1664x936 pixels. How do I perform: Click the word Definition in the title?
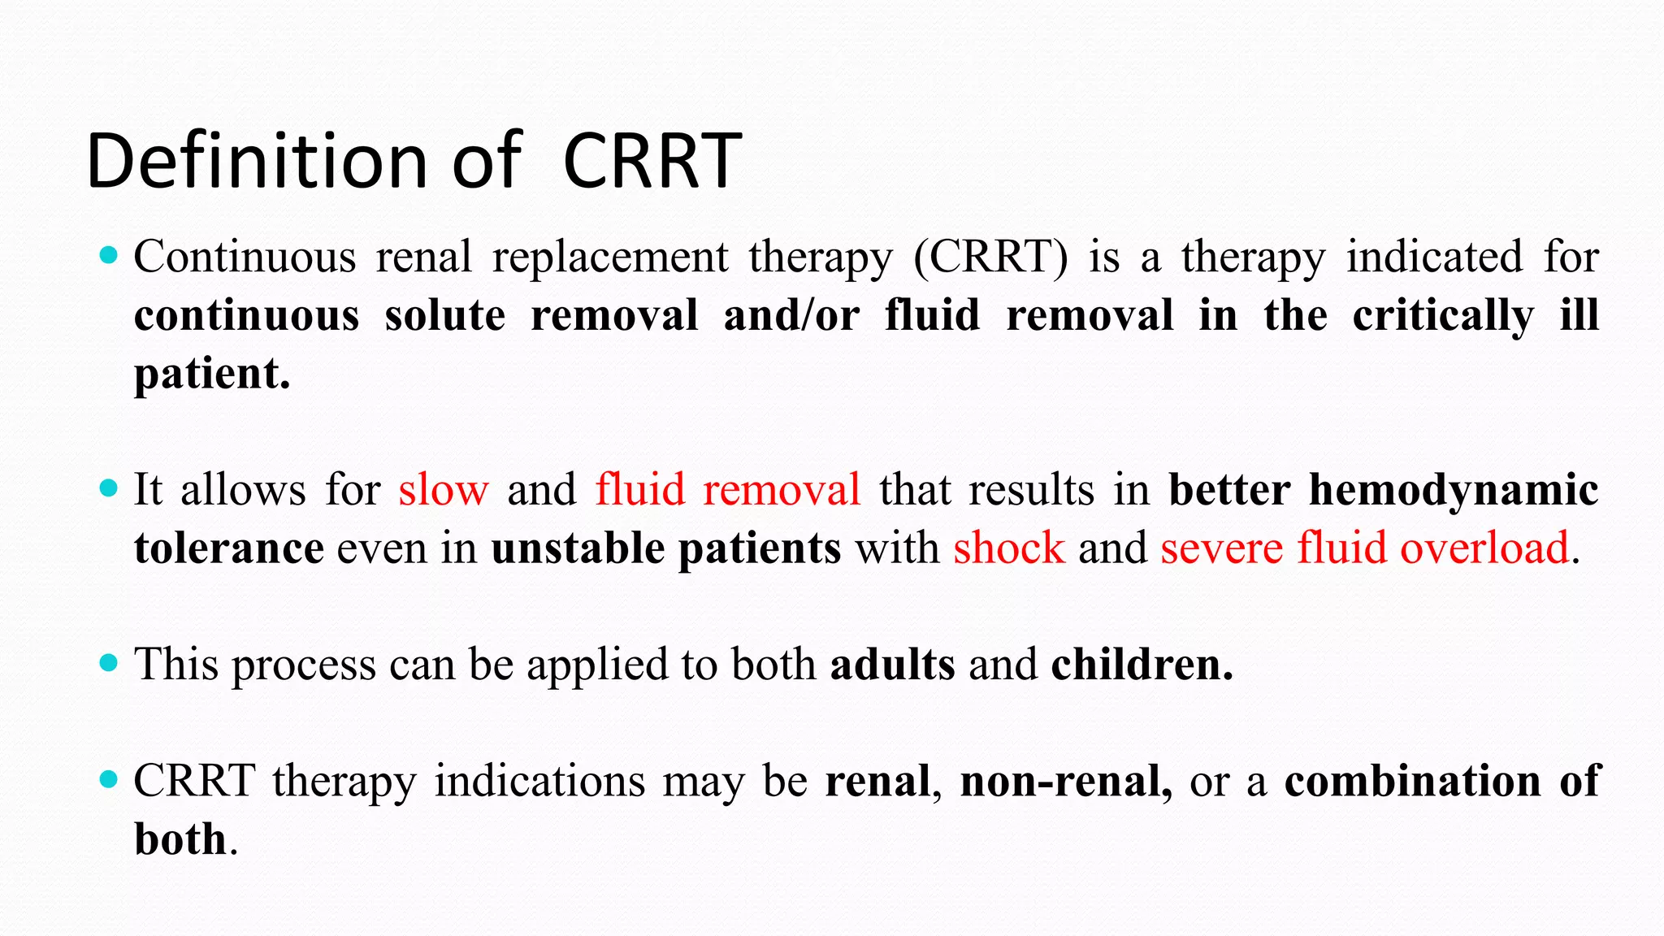coord(258,161)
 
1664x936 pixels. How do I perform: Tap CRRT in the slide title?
coord(652,161)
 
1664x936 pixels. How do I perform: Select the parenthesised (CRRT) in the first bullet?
coord(990,257)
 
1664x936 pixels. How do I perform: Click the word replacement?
coord(610,257)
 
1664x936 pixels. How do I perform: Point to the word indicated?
coord(1434,257)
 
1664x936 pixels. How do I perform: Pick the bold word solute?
coord(444,315)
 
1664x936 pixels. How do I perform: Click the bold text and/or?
coord(791,315)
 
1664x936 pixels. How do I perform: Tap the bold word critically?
coord(1443,315)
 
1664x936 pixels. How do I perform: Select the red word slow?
coord(444,490)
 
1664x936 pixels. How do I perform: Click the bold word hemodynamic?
coord(1454,490)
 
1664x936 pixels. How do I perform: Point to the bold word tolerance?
coord(229,548)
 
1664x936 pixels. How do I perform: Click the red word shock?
coord(1008,548)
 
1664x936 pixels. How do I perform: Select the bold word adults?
coord(892,665)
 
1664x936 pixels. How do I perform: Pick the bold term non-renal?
coord(1066,781)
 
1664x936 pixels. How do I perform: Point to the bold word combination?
coord(1412,781)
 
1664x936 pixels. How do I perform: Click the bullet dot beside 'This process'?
coord(108,663)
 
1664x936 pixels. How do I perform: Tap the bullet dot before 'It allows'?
coord(108,488)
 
